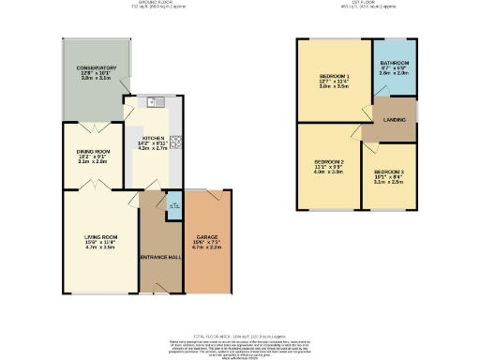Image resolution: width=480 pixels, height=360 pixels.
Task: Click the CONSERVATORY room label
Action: (x=97, y=68)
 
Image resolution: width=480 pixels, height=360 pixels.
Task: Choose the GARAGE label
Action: (x=206, y=236)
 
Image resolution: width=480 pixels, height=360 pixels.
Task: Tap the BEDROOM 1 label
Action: (x=335, y=76)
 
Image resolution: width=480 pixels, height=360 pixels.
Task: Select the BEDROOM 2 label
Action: (x=329, y=162)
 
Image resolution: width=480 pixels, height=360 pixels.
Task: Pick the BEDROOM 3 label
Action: (x=387, y=172)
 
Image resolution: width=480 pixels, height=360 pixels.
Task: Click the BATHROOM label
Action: (x=394, y=64)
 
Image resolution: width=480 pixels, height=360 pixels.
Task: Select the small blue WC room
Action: (x=174, y=205)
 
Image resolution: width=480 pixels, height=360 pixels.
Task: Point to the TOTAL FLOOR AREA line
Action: (x=239, y=335)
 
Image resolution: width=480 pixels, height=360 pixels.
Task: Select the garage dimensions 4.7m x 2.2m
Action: (x=206, y=247)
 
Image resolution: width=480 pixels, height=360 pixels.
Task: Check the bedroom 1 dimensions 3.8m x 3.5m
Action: (x=335, y=87)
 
